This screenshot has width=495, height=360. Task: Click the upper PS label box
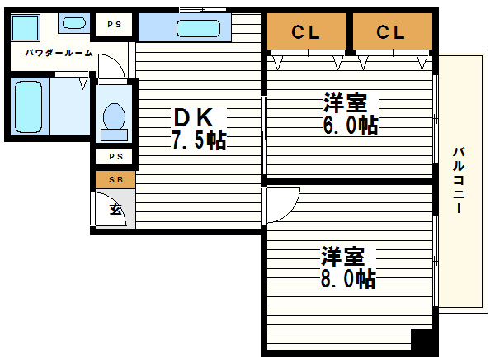113,25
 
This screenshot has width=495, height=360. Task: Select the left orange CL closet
306,32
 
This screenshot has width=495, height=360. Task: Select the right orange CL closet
391,32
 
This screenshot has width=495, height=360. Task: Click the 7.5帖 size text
198,140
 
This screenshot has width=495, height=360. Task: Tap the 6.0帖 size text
350,126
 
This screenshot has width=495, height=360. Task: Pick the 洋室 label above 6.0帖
344,103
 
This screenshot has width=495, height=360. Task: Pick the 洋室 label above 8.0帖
342,255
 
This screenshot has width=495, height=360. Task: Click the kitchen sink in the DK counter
198,29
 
